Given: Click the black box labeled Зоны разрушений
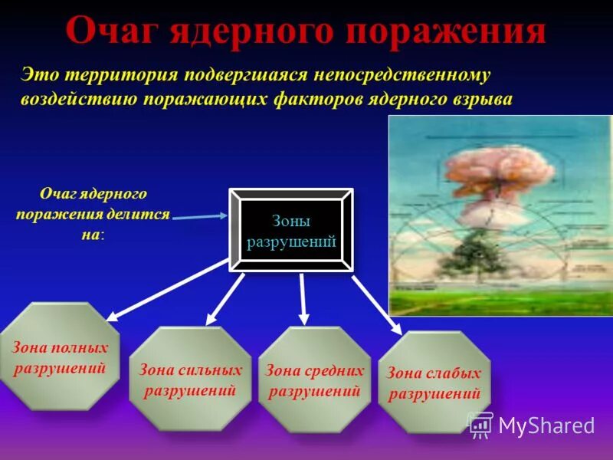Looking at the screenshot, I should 291,230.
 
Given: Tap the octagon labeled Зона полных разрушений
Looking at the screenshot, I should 60,357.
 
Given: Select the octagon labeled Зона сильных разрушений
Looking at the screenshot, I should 190,379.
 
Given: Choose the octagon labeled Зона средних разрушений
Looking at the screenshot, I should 314,379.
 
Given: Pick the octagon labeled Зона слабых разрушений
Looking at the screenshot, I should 434,383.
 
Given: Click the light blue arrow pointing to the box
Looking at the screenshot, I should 201,217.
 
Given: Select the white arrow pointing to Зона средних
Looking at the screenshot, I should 303,298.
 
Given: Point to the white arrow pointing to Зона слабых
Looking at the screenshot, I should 375,299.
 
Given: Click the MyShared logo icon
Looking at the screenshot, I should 480,424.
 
